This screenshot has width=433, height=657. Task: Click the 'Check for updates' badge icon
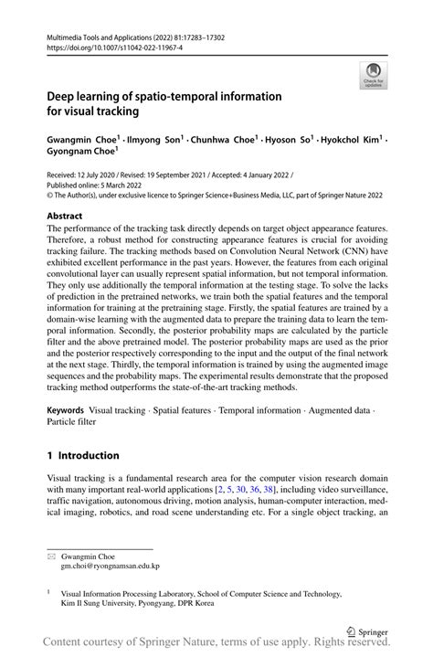(x=372, y=76)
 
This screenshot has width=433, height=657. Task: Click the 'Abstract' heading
(x=65, y=216)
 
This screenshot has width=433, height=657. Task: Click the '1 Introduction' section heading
(x=83, y=455)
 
